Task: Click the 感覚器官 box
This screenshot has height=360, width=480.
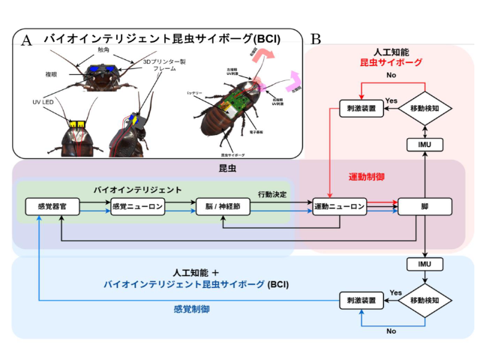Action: point(47,206)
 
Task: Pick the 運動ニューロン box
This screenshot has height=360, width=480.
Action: point(339,206)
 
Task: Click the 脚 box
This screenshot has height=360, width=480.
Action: point(425,206)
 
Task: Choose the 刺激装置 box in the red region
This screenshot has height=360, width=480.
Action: point(360,109)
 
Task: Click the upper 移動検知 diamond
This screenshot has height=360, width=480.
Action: point(425,109)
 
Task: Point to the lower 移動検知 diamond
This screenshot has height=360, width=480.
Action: point(425,300)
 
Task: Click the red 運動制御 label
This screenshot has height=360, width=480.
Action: point(367,178)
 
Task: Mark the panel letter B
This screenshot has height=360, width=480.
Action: point(316,39)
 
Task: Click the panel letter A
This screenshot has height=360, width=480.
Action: point(28,40)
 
